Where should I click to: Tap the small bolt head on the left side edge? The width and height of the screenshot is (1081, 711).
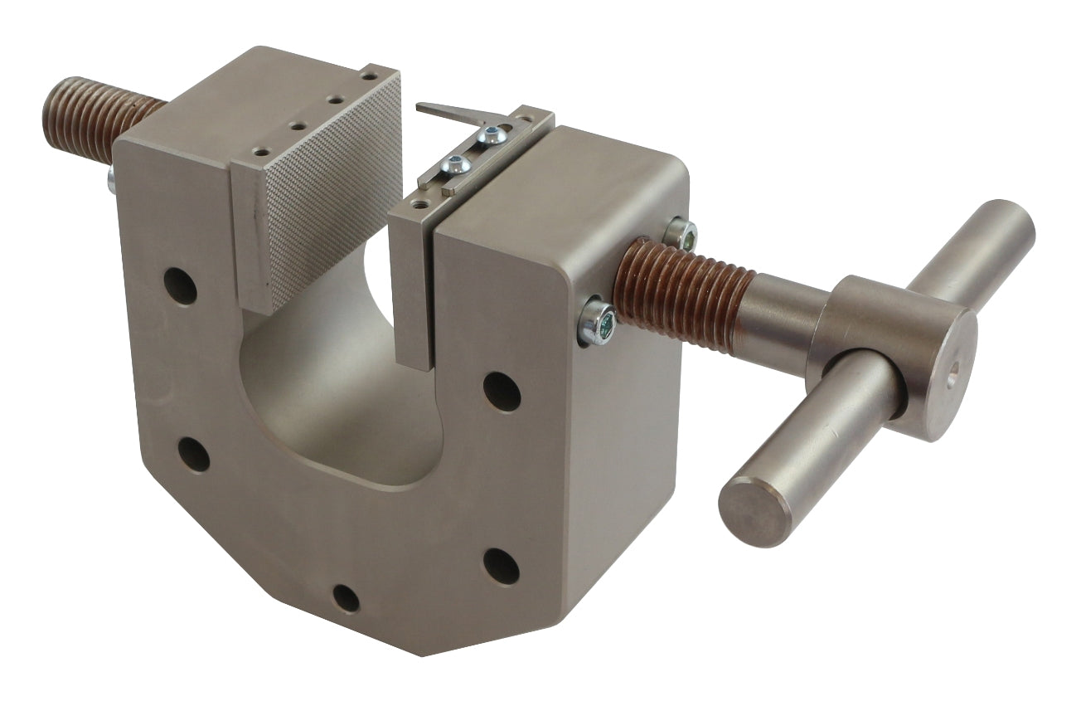point(110,179)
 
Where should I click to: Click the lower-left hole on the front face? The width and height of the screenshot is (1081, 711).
point(193,454)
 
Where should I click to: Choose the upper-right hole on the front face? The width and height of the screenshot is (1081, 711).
point(502,391)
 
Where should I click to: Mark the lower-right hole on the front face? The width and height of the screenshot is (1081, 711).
point(501,566)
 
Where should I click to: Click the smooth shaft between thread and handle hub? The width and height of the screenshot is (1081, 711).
point(783,319)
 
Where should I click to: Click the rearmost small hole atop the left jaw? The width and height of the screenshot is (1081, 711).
point(370,76)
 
